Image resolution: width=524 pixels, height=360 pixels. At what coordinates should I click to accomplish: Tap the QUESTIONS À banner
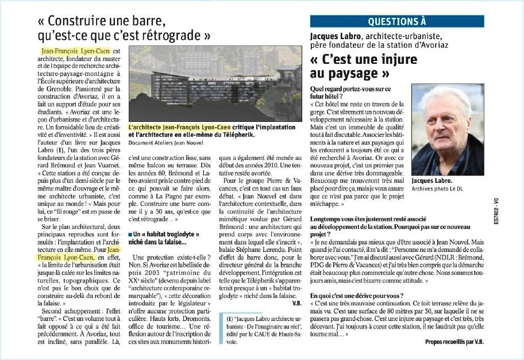tap(397, 21)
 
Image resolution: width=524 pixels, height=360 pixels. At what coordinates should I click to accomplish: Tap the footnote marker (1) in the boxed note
tap(230, 317)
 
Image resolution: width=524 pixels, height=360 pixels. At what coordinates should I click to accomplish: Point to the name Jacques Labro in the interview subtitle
tap(333, 36)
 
